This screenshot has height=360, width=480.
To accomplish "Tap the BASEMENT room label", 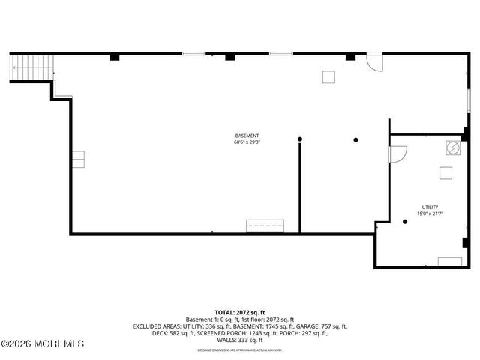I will [247, 136].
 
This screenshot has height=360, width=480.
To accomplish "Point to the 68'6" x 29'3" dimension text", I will [247, 142].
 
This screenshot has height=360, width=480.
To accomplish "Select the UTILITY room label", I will [430, 208].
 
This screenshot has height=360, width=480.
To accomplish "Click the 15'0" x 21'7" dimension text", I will [430, 214].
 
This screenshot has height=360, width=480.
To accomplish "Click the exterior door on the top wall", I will [373, 62].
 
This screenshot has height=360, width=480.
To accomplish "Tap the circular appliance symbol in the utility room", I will [453, 148].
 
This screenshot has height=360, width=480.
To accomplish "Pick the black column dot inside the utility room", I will [404, 221].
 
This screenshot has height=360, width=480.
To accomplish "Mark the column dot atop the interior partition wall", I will [299, 139].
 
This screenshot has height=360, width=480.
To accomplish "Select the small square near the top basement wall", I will [328, 76].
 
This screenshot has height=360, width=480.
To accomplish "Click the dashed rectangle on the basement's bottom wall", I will [265, 226].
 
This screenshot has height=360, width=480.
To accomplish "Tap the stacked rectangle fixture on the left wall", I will [78, 160].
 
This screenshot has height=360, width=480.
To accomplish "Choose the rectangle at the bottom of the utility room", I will [449, 261].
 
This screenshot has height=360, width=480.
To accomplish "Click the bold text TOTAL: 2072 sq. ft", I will [240, 311].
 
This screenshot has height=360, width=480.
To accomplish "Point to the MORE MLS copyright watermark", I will [43, 343].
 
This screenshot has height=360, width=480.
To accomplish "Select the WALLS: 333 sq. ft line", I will [240, 340].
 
